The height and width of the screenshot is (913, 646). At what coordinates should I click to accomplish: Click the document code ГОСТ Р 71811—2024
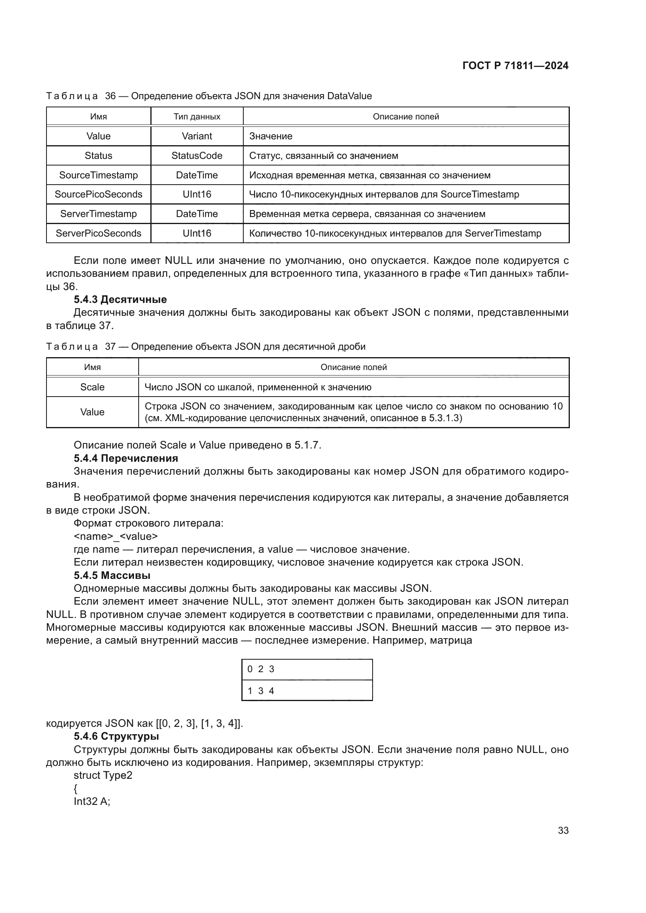(515, 66)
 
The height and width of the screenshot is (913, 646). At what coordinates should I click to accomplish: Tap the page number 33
(563, 830)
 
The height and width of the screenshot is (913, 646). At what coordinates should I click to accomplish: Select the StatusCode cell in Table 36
(196, 155)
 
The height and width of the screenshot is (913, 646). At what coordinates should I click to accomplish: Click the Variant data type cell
(196, 136)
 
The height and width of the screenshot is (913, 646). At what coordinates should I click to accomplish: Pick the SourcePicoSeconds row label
(98, 194)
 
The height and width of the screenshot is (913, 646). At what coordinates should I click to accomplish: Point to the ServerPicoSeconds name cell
(98, 233)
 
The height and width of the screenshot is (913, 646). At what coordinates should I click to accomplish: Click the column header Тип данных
(196, 116)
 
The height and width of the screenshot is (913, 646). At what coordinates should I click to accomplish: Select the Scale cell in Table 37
(92, 387)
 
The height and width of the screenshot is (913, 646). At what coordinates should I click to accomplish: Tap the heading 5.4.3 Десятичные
(120, 299)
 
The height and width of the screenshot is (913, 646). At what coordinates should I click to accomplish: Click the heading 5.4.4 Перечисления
(126, 458)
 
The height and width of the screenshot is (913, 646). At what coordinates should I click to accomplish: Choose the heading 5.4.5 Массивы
(112, 575)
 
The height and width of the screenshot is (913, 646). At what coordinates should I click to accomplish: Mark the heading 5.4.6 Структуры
(116, 737)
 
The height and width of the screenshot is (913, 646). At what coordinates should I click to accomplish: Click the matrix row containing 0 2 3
(307, 669)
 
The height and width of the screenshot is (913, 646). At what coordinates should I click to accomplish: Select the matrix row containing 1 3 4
(307, 691)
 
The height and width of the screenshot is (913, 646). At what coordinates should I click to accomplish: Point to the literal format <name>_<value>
(116, 536)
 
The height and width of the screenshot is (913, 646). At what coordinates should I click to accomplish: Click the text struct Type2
(103, 776)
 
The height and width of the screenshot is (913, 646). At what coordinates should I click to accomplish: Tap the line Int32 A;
(92, 801)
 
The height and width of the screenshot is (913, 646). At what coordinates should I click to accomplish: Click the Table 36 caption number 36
(110, 96)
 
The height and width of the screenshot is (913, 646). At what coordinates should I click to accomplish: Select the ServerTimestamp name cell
(98, 214)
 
